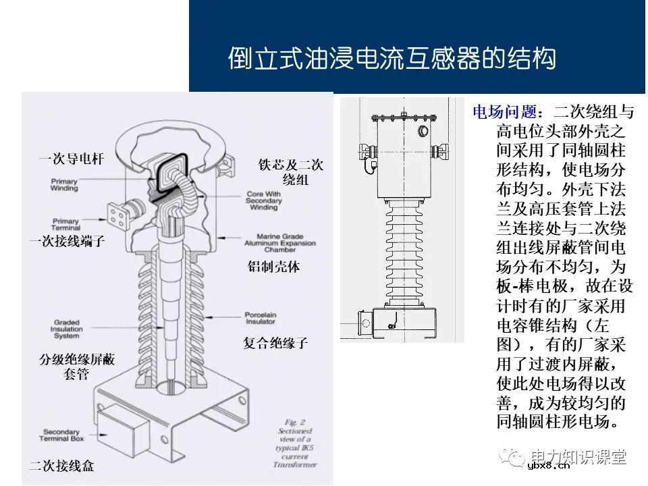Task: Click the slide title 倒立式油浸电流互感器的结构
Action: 391,59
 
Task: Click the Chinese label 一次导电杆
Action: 71,159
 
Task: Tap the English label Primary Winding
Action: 65,185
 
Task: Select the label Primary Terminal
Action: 65,224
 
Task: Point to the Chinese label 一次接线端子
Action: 66,241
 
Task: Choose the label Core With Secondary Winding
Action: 264,200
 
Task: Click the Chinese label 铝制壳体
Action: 273,267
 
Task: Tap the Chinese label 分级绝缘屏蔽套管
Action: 76,367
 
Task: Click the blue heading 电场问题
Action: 504,111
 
